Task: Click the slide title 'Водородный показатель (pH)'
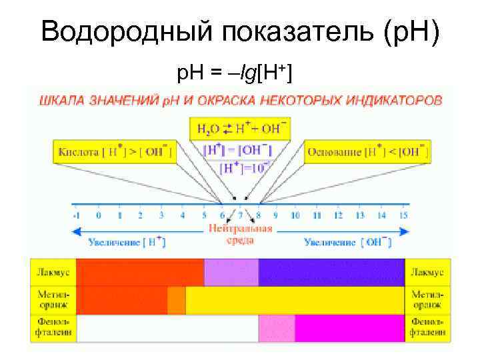point(240,31)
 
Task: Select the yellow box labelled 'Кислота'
point(113,152)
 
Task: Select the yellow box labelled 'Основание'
point(367,152)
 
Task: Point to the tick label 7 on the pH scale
point(240,215)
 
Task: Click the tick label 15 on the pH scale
point(403,215)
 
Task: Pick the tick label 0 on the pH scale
point(98,215)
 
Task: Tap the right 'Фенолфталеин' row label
point(427,327)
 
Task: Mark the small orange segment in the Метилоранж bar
point(177,301)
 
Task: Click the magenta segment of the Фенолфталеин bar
point(349,328)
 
